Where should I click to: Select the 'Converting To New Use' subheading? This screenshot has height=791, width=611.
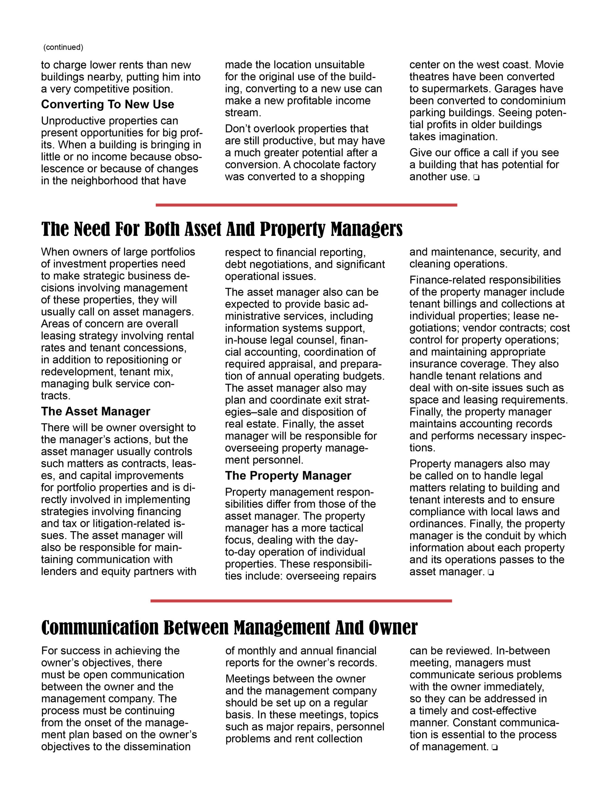click(107, 104)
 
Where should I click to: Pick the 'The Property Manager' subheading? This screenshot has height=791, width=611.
click(288, 476)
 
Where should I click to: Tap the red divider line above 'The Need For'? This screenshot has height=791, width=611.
click(306, 205)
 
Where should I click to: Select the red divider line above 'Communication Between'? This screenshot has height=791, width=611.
click(301, 601)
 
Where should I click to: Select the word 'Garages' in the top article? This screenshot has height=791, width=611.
click(515, 89)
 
